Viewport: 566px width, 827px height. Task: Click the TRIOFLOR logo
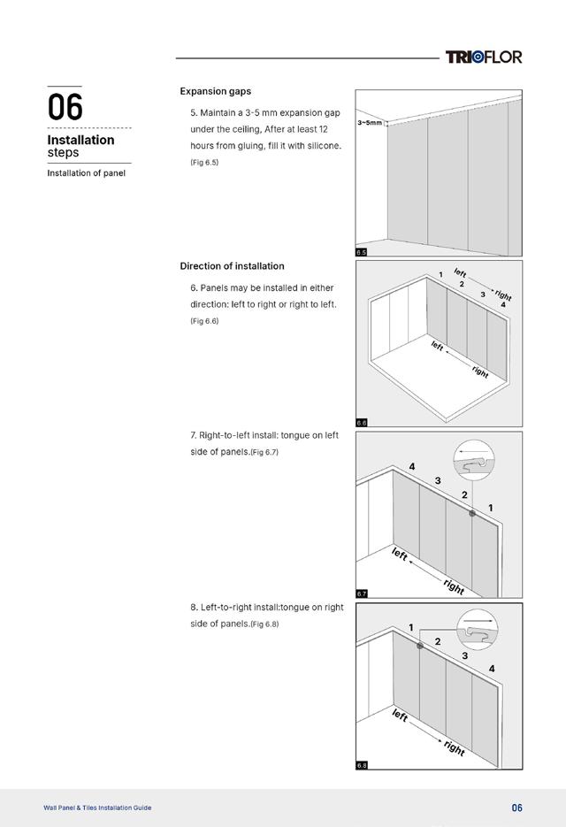point(484,57)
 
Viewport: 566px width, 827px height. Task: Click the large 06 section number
point(65,108)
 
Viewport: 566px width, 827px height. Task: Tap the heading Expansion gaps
point(215,91)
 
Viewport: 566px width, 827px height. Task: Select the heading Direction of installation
point(232,266)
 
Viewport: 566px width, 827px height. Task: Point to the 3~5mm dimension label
point(370,123)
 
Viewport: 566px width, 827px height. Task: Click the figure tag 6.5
point(361,252)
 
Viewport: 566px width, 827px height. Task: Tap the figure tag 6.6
point(361,423)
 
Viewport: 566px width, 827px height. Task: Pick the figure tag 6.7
point(361,593)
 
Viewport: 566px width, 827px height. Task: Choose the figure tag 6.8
point(361,765)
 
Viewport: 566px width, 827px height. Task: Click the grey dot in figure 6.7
point(472,513)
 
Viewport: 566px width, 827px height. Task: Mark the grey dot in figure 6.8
point(420,646)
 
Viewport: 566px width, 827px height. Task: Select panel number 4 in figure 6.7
point(411,466)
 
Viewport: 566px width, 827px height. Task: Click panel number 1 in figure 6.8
point(411,627)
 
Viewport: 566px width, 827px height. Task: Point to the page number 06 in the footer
point(517,808)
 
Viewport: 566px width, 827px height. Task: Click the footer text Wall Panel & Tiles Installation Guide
point(97,808)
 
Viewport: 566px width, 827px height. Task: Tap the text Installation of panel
point(86,173)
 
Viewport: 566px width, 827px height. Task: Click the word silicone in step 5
point(319,146)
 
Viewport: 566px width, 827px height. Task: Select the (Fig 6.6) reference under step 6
point(204,321)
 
